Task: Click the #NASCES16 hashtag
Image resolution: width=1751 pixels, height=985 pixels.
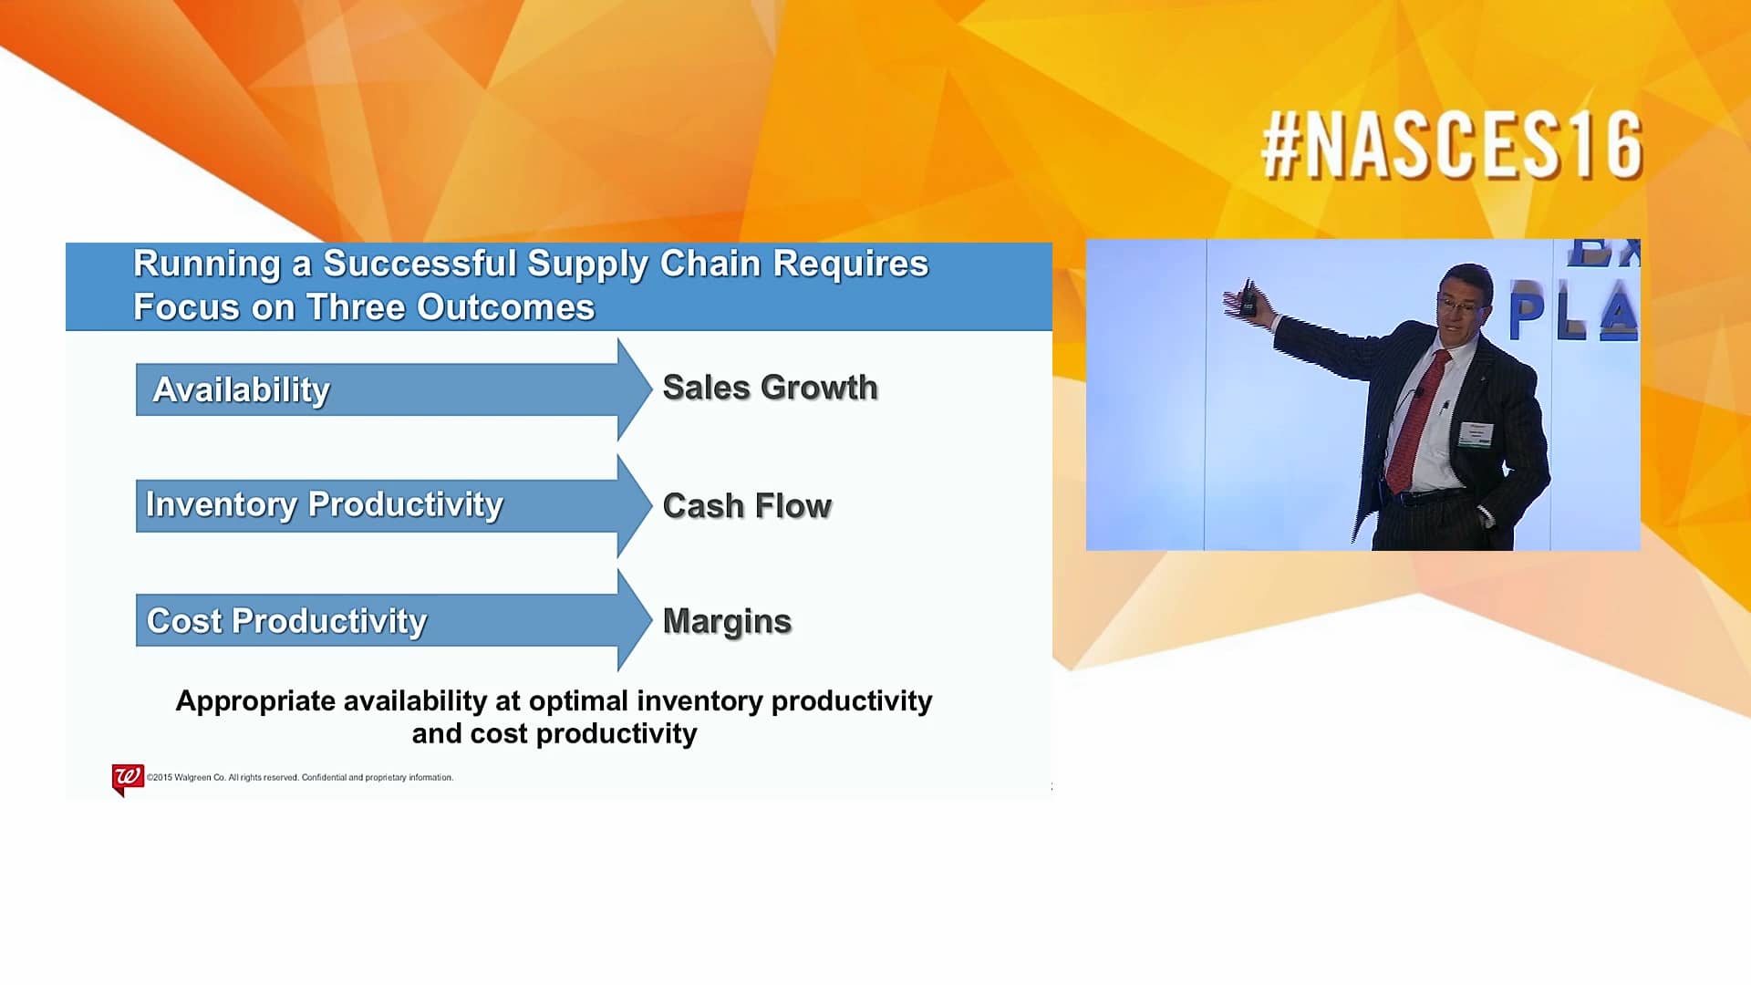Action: click(x=1451, y=146)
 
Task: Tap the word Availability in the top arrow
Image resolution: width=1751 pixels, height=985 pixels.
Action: click(x=241, y=389)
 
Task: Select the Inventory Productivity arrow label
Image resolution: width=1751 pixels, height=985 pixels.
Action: click(x=324, y=504)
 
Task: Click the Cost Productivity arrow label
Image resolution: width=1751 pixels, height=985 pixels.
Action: click(x=286, y=621)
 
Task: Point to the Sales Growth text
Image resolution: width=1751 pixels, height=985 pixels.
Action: click(x=770, y=388)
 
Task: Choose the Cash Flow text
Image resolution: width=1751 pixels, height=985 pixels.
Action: click(x=746, y=506)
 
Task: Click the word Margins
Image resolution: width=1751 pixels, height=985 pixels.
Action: click(x=727, y=621)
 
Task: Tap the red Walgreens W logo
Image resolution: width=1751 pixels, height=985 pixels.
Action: click(x=127, y=777)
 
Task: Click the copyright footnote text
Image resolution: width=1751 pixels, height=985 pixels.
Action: click(x=300, y=778)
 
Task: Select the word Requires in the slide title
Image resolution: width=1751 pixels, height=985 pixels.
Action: click(x=850, y=264)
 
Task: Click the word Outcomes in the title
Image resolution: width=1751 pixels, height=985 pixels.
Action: click(x=505, y=307)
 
